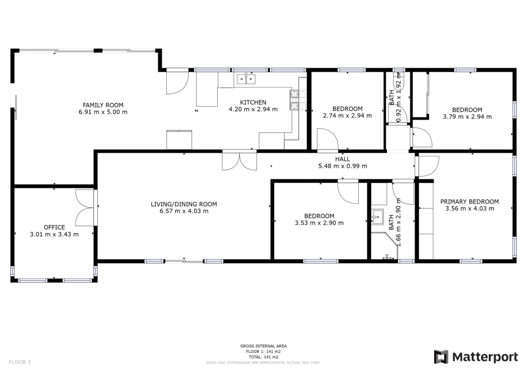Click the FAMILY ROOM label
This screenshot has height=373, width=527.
(x=103, y=105)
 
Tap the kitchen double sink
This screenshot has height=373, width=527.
(x=246, y=79)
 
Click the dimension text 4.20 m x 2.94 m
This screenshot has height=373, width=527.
(x=253, y=109)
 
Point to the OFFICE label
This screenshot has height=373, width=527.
(x=54, y=227)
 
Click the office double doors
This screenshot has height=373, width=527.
(x=85, y=208)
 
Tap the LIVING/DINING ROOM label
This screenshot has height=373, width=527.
(x=184, y=204)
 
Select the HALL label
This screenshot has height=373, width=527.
(x=342, y=159)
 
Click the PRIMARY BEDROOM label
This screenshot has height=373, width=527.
(x=469, y=201)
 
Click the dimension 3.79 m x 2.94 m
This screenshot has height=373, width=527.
(x=467, y=117)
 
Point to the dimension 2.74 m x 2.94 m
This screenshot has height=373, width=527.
(x=347, y=116)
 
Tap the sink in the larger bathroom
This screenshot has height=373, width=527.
(x=377, y=217)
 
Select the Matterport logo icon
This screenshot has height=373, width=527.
(x=441, y=357)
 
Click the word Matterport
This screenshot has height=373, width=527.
(x=485, y=357)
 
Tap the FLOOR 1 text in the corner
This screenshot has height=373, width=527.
(x=20, y=362)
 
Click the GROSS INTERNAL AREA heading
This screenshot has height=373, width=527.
(x=263, y=346)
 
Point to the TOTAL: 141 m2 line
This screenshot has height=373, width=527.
(x=263, y=357)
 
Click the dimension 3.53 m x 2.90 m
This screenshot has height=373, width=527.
(x=319, y=223)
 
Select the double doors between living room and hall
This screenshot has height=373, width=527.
(x=239, y=161)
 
